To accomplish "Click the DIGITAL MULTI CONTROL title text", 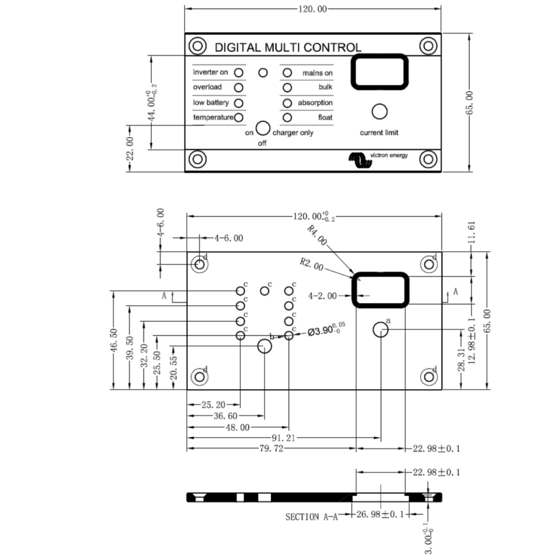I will coord(288,47).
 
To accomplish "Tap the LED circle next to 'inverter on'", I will coord(239,72).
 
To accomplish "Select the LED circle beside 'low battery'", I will coord(239,103).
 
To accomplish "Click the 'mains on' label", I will coord(317,73).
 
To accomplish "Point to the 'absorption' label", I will coord(315,103).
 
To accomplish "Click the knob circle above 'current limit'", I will coord(379,111).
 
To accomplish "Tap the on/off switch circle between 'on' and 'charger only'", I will coord(263,128).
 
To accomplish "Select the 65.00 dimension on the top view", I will coord(471,102).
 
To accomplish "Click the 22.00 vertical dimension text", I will coord(130,148).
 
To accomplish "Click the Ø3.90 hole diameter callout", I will coord(326,331).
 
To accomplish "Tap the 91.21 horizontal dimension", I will coord(283,438).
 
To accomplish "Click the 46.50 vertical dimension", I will coord(115,340).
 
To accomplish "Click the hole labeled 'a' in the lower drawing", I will coord(380,330).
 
